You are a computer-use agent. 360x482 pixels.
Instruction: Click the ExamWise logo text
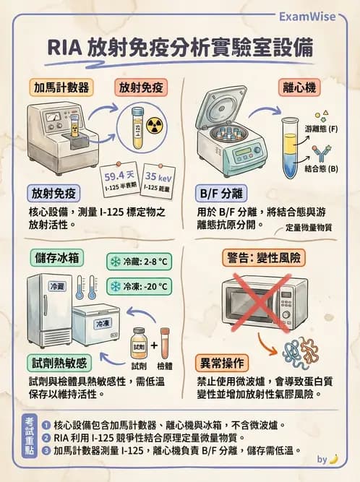click(317, 15)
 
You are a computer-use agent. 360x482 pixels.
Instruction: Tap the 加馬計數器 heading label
click(62, 87)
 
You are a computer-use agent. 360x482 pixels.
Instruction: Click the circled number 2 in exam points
click(46, 437)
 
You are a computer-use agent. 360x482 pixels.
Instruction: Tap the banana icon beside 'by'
click(334, 458)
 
